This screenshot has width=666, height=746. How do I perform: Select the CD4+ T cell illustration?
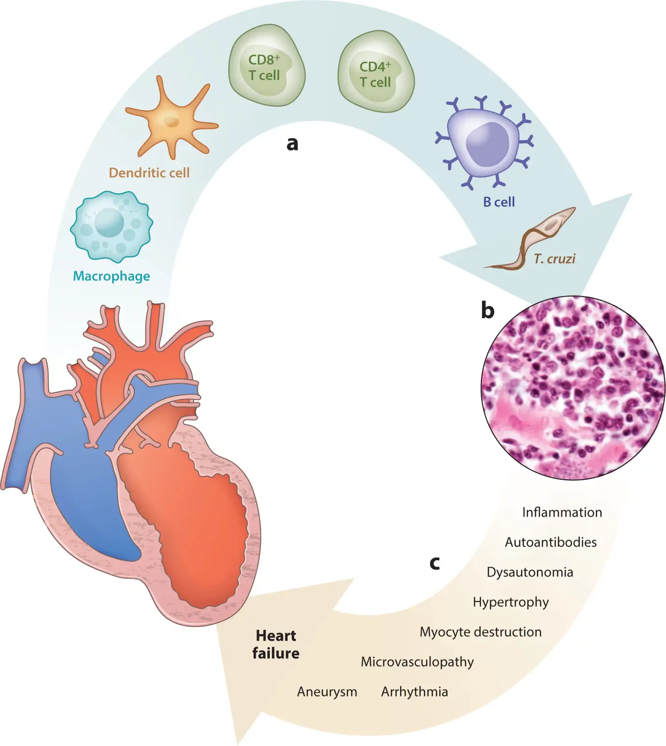click(x=376, y=73)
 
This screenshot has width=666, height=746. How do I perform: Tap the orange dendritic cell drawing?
click(x=171, y=121)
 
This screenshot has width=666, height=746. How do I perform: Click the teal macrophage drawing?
click(x=112, y=225)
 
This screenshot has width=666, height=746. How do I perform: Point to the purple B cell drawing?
click(x=484, y=142)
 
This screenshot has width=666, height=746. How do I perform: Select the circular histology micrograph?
click(x=573, y=387)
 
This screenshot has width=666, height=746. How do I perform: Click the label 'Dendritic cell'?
click(x=149, y=173)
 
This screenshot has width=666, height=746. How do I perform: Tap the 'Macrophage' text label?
click(x=112, y=276)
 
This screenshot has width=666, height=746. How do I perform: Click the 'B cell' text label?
click(x=499, y=202)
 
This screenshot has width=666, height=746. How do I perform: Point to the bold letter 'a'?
click(x=292, y=144)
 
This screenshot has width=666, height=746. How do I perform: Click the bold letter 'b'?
click(x=487, y=311)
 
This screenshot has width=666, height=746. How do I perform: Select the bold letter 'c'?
click(x=434, y=563)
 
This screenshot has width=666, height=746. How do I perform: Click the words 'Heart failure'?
click(x=276, y=645)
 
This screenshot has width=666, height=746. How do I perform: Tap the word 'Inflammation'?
click(x=562, y=512)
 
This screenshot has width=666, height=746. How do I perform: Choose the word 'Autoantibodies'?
click(x=550, y=542)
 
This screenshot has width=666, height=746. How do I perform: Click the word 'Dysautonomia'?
click(x=529, y=572)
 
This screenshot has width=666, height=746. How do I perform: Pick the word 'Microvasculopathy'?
click(x=417, y=662)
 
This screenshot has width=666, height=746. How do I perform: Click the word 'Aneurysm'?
click(x=327, y=692)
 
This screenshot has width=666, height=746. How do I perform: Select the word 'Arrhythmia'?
click(x=414, y=692)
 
